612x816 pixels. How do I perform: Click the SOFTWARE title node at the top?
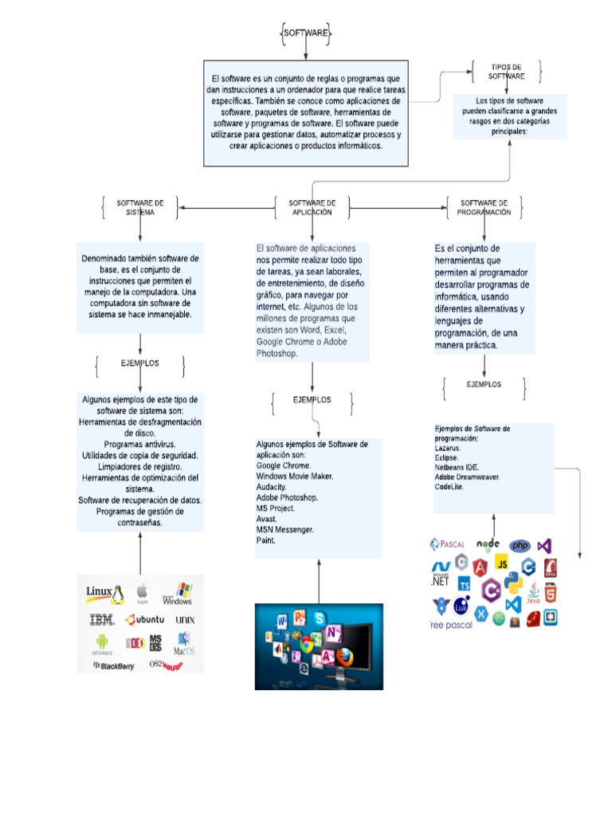(x=306, y=33)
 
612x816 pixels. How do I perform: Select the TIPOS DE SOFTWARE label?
(x=506, y=72)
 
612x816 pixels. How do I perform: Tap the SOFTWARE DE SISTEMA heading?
(x=140, y=208)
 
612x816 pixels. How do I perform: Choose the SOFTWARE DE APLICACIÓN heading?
(x=312, y=208)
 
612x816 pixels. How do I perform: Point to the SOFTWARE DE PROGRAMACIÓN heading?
(x=484, y=208)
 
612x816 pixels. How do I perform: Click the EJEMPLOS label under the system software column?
(x=140, y=363)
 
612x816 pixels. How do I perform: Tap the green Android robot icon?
(x=101, y=641)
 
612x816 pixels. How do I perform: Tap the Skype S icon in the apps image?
(x=320, y=618)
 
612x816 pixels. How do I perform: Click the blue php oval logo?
(x=520, y=546)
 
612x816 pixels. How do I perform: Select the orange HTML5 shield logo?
(x=550, y=592)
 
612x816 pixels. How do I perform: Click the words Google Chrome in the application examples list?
(x=284, y=465)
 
